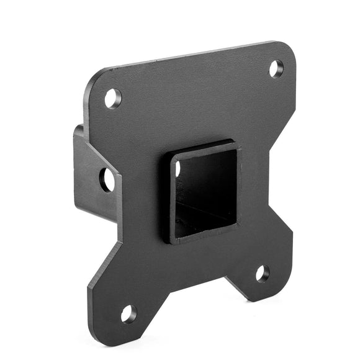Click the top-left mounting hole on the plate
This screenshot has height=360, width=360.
click(112, 98)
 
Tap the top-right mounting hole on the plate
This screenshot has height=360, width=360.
click(276, 68)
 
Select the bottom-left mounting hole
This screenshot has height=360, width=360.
click(128, 314)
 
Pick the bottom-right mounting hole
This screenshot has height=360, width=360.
click(263, 273)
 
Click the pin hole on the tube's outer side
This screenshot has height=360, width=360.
click(107, 179)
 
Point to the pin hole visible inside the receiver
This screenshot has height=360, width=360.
click(178, 168)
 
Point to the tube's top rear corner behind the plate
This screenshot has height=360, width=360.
click(78, 128)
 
